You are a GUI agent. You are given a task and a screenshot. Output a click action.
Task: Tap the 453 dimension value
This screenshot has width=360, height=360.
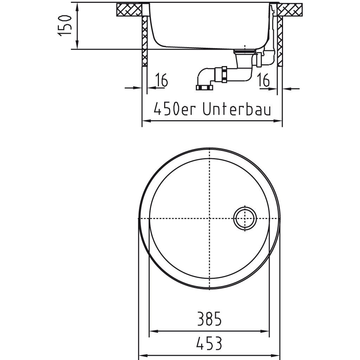coord(209,343)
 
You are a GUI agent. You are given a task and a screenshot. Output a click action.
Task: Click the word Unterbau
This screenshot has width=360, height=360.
coord(237,109)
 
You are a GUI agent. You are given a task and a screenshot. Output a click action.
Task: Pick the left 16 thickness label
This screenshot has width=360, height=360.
coord(161,81)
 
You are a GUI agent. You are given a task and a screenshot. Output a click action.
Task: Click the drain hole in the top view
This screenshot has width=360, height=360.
coord(245,219)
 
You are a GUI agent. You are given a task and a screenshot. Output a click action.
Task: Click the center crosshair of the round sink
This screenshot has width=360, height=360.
coord(210,219)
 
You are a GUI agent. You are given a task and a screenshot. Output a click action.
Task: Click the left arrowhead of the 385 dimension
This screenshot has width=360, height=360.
coord(152,331)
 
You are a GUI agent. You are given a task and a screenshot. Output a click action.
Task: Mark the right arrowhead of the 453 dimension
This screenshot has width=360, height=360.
coord(278,356)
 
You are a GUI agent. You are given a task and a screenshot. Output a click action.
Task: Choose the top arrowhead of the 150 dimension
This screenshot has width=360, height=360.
coord(77,5)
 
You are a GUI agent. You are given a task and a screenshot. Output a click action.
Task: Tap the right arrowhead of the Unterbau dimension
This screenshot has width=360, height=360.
coord(280,121)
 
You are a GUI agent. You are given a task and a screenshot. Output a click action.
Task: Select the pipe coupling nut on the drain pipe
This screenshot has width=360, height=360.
coord(223,75)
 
